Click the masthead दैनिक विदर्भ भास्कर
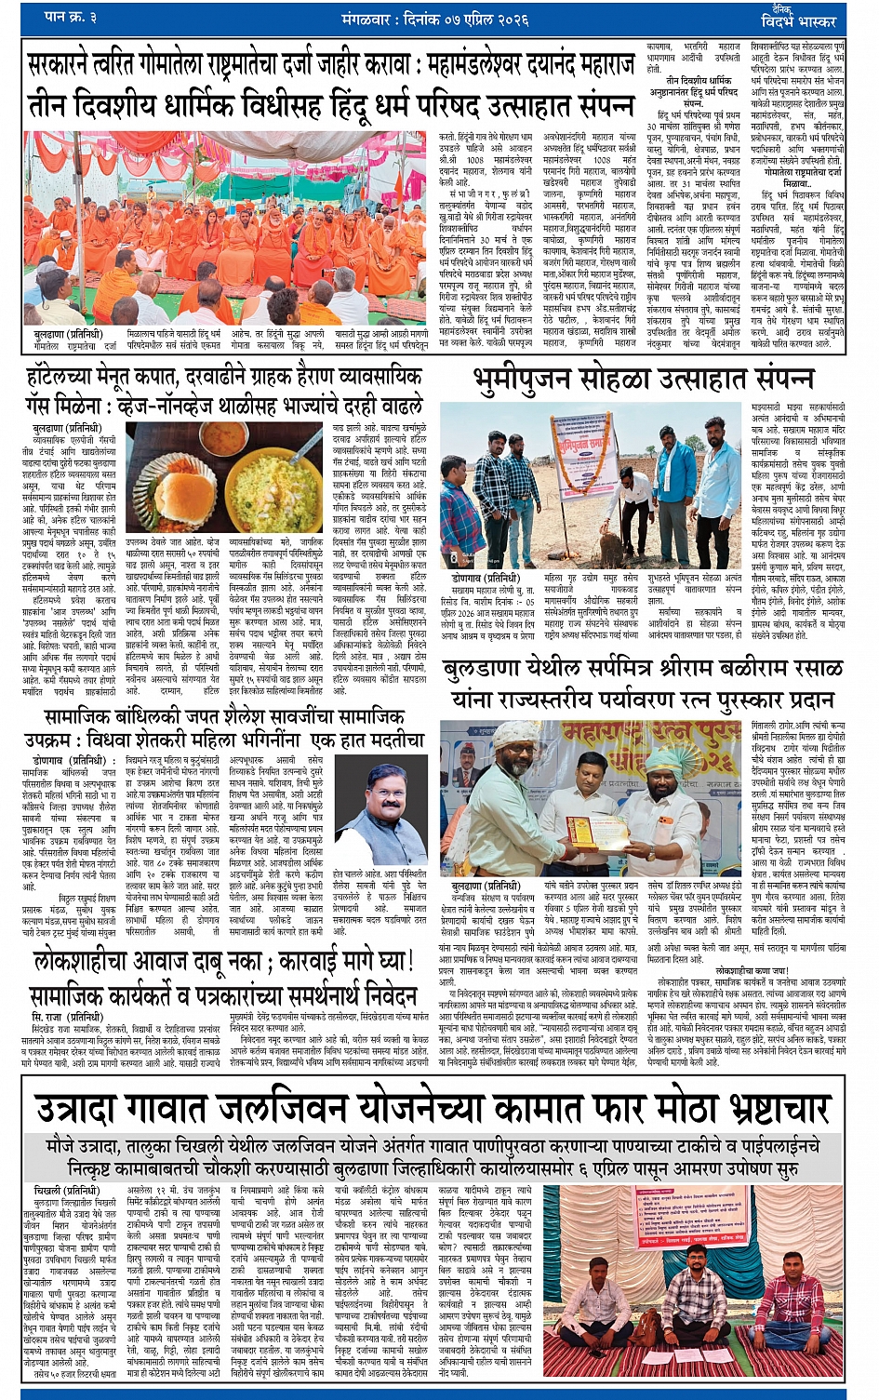click(x=797, y=16)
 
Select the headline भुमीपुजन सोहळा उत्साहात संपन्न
click(x=643, y=380)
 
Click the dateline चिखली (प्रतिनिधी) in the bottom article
click(x=66, y=1190)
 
